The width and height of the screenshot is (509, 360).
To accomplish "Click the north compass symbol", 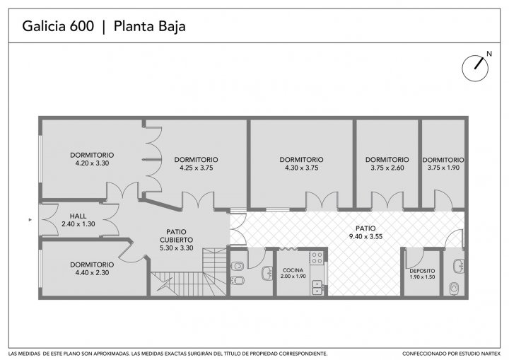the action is tap(475, 68).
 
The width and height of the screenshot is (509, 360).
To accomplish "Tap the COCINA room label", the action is tap(293, 270).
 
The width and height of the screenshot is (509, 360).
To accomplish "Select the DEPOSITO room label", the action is tap(422, 271).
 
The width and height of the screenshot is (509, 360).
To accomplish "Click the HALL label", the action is tap(78, 216).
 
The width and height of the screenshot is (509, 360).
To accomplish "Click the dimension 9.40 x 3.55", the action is tap(365, 236).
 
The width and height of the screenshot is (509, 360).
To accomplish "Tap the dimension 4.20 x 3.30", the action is tap(92, 163).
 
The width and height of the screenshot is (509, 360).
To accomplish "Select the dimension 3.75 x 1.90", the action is tap(443, 168).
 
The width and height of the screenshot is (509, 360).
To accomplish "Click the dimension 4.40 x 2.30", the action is tap(92, 272).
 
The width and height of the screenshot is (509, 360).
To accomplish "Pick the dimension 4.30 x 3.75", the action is tap(302, 168).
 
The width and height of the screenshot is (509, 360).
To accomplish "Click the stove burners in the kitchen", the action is tap(317, 258).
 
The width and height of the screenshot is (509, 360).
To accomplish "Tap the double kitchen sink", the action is tap(317, 287).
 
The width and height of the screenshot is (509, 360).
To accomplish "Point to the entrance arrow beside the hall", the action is tap(30, 220).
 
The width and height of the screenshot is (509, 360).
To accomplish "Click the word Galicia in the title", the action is tap(42, 26).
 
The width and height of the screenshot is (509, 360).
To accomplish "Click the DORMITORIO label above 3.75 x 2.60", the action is tap(387, 160).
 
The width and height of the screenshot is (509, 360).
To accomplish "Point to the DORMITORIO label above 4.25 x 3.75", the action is tap(196, 160).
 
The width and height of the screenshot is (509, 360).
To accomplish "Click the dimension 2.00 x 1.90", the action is tap(293, 277).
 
